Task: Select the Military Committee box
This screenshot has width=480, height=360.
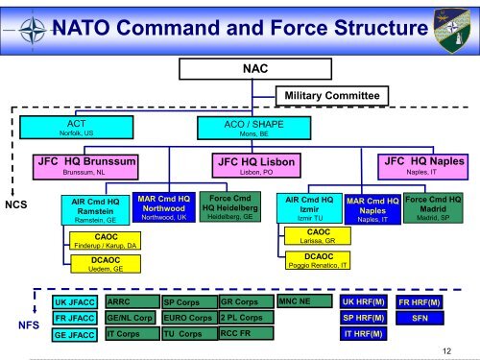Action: pyautogui.click(x=332, y=95)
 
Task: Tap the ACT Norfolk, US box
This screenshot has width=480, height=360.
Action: pyautogui.click(x=74, y=128)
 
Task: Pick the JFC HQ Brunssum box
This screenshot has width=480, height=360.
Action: pyautogui.click(x=86, y=165)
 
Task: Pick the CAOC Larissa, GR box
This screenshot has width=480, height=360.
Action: pyautogui.click(x=316, y=236)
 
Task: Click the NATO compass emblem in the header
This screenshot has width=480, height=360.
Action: pyautogui.click(x=33, y=28)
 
